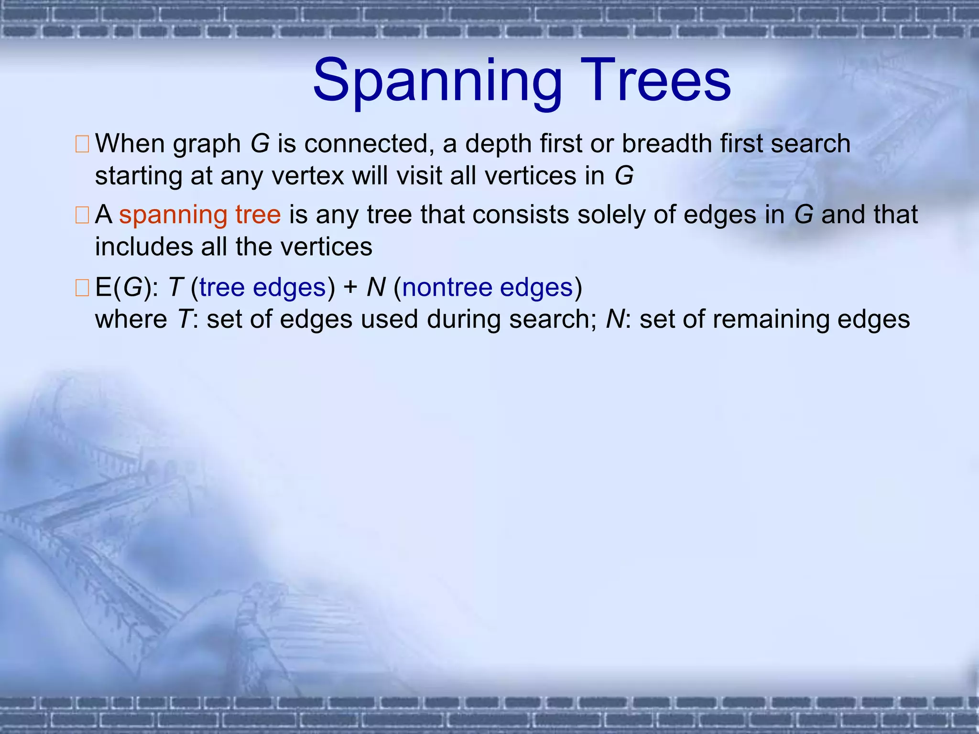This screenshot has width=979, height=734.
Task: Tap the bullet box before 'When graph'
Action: (82, 144)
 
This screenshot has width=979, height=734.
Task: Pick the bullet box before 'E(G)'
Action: (82, 288)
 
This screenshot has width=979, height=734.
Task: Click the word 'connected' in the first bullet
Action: (366, 143)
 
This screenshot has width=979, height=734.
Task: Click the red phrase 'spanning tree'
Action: (200, 215)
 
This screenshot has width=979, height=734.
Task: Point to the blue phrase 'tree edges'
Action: (262, 288)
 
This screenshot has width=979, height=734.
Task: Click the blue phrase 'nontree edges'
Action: (488, 288)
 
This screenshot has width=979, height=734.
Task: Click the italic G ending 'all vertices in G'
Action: (624, 176)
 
